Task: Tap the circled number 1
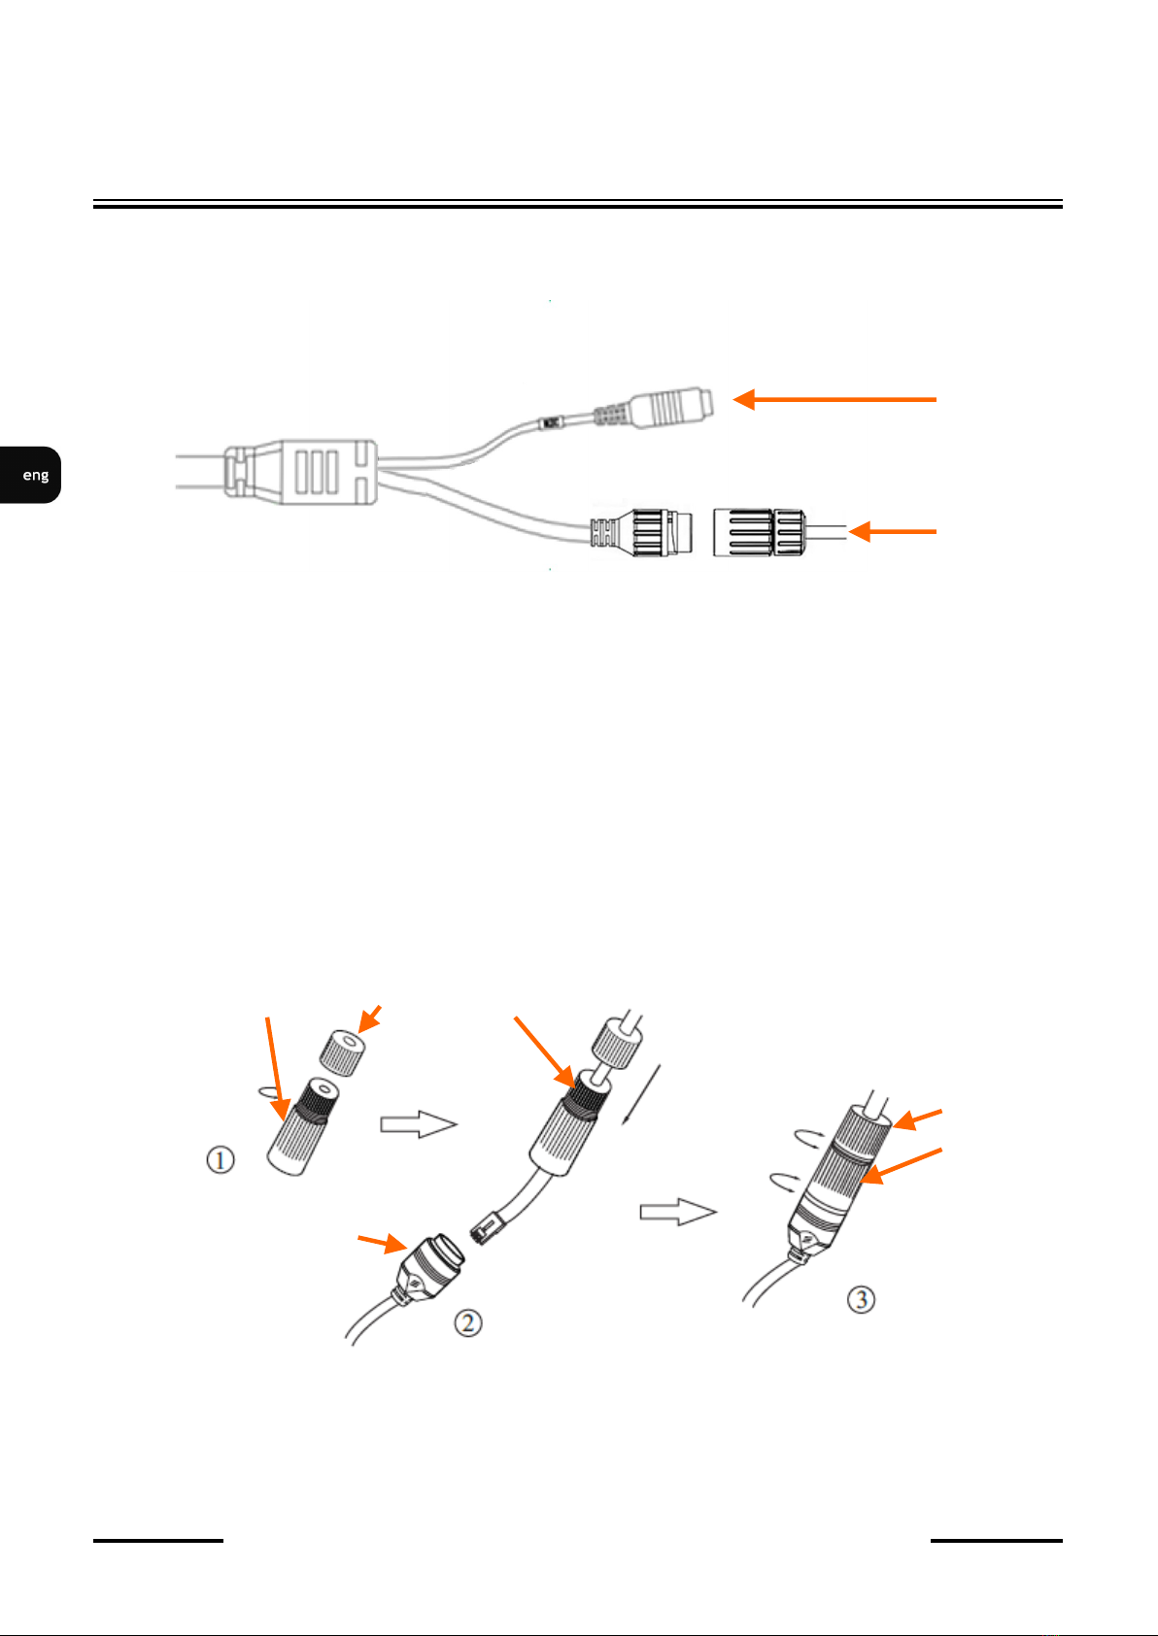coord(221,1159)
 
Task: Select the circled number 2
coord(468,1321)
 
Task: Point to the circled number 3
coord(861,1298)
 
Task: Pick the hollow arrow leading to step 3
coord(677,1212)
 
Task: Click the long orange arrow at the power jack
coord(834,399)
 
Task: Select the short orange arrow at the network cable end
coord(893,532)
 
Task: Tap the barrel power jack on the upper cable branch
coord(670,409)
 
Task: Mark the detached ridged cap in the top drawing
coord(757,531)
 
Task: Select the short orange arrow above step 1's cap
coord(370,1018)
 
